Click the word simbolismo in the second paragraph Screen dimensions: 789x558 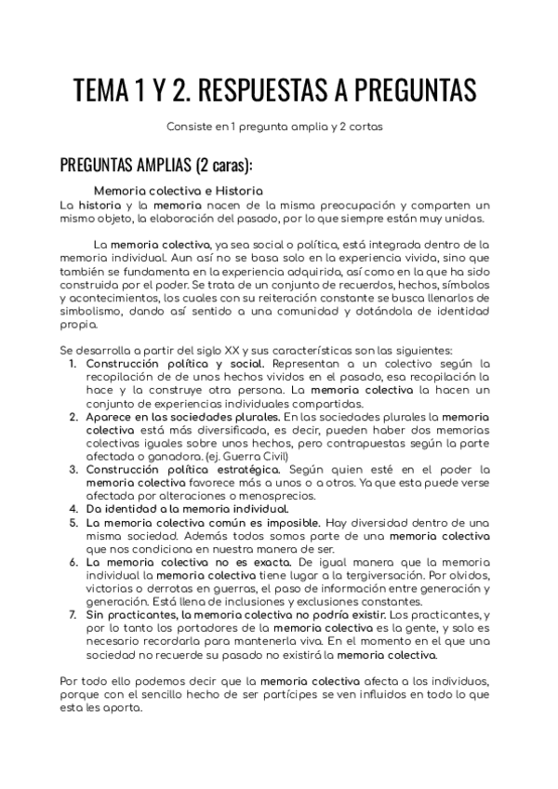coord(94,310)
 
